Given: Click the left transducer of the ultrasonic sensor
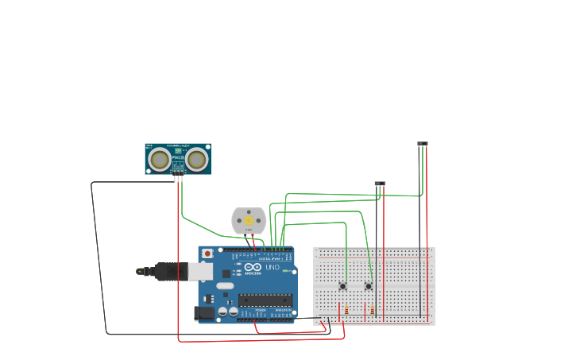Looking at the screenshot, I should pos(160,160).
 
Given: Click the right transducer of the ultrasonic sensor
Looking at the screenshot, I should pos(196,160).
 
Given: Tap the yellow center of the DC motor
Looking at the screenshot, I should pos(249,221).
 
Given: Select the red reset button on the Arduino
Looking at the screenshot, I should pos(207,254).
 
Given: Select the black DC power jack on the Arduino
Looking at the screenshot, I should pos(204,313).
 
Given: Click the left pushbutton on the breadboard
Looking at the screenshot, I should pos(343,286).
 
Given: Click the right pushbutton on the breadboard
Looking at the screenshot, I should pos(369,286).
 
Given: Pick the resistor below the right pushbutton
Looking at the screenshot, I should pos(373,310).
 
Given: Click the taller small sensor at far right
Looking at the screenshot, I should pos(423,144).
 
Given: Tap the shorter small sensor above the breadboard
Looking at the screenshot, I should pos(380,184).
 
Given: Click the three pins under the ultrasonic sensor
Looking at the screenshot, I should pos(178,178).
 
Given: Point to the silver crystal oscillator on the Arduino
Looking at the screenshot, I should pos(225,285).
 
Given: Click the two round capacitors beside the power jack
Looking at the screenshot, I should pos(227,312).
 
